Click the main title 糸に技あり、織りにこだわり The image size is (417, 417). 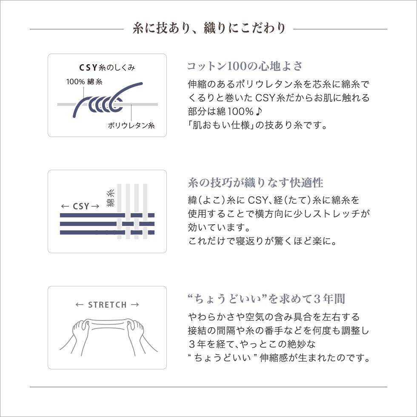click(208, 29)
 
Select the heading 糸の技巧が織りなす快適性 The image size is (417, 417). click(255, 183)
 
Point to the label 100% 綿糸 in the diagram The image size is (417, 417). click(84, 82)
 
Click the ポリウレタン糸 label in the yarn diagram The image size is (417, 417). click(131, 126)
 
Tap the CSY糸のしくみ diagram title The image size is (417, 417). click(107, 68)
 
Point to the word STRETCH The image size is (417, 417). click(107, 305)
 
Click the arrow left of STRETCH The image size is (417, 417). click(79, 305)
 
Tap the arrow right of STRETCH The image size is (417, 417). click(135, 305)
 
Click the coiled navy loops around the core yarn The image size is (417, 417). click(102, 103)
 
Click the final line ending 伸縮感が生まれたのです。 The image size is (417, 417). click(279, 358)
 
